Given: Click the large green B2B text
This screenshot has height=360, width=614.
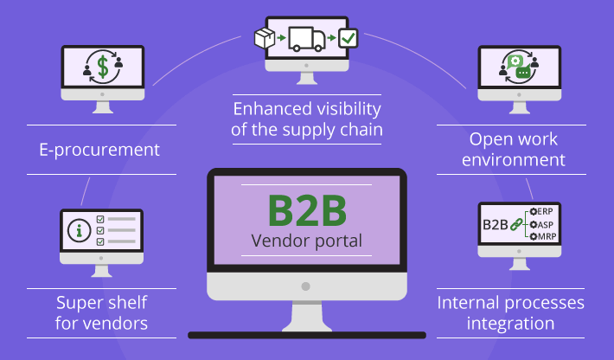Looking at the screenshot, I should pyautogui.click(x=306, y=210).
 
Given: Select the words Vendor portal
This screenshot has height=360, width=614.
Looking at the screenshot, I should pyautogui.click(x=306, y=241).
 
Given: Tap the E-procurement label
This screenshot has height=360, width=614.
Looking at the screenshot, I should pyautogui.click(x=99, y=150).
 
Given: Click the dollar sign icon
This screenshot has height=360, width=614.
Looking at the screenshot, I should pyautogui.click(x=102, y=65).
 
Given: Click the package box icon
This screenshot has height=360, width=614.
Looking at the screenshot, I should pyautogui.click(x=263, y=38).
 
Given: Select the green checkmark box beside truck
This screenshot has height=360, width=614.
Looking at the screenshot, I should pyautogui.click(x=348, y=38).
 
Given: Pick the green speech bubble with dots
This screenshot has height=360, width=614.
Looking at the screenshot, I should pyautogui.click(x=522, y=73).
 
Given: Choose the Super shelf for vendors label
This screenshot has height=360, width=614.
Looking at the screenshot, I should pyautogui.click(x=101, y=313).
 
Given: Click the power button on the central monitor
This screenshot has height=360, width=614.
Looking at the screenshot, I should pyautogui.click(x=306, y=285).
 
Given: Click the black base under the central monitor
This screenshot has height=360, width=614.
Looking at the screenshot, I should pyautogui.click(x=306, y=334).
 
